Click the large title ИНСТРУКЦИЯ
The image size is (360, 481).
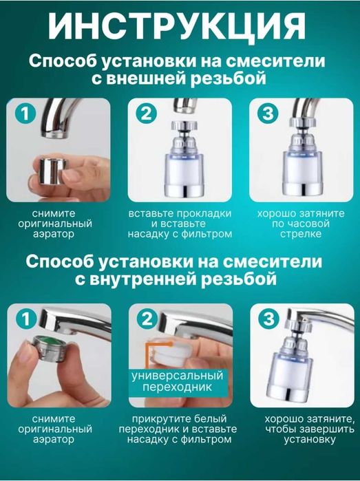pyautogui.click(x=180, y=27)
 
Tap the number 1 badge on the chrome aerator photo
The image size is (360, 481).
pyautogui.click(x=25, y=114)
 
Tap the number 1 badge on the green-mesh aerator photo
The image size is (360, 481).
pyautogui.click(x=25, y=319)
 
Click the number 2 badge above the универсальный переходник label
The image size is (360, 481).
pyautogui.click(x=146, y=319)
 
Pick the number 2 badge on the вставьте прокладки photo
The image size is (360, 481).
pyautogui.click(x=146, y=114)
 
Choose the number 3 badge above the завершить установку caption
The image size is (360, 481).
pyautogui.click(x=268, y=319)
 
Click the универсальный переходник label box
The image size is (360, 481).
pyautogui.click(x=178, y=382)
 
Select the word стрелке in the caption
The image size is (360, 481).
pyautogui.click(x=302, y=234)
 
